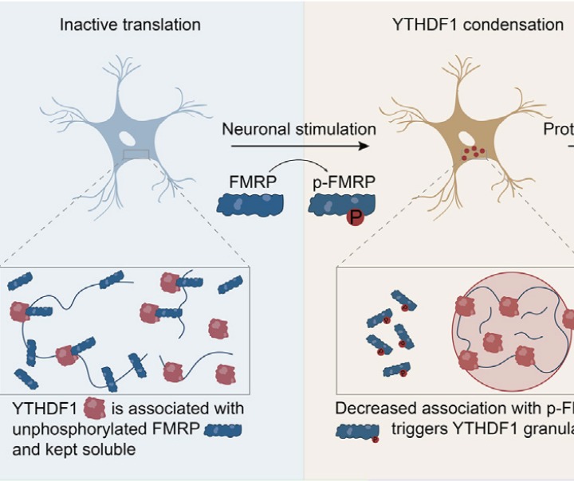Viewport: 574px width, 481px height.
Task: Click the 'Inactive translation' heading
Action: click(130, 25)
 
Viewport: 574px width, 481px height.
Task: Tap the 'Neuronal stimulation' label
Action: click(298, 129)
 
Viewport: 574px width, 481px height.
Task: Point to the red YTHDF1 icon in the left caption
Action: click(95, 410)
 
